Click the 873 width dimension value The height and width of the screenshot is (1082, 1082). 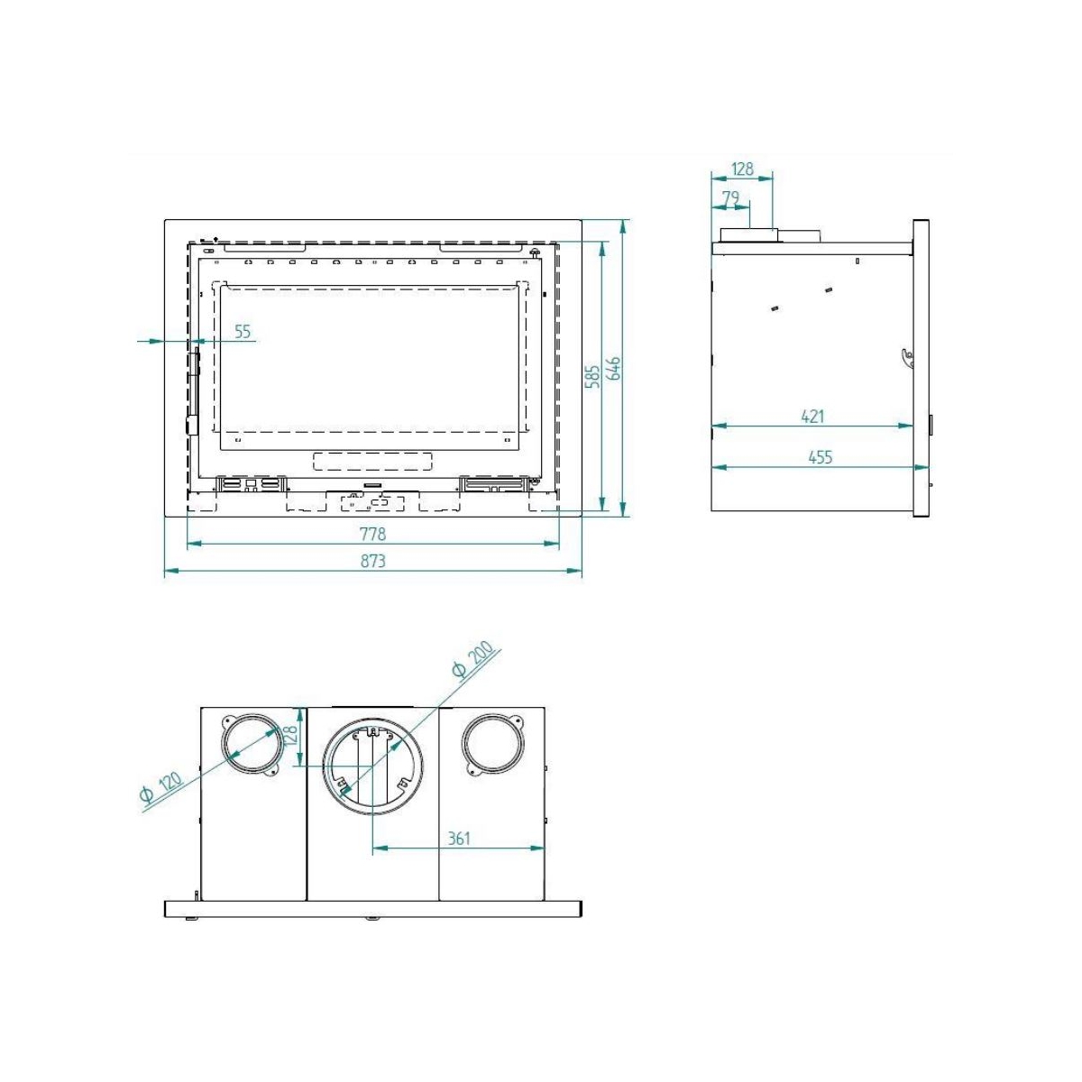372,561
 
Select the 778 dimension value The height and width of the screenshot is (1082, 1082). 372,534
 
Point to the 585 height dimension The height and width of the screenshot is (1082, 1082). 592,374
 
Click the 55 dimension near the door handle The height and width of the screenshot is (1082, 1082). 242,332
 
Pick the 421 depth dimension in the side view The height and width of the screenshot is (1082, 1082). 812,417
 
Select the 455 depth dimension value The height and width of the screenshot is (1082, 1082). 820,457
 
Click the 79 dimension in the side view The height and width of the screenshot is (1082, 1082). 729,197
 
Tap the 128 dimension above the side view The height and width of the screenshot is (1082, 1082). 742,169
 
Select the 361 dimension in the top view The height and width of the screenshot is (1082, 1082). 459,839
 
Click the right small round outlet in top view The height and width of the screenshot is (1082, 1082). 491,745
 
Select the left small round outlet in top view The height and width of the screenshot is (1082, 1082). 250,745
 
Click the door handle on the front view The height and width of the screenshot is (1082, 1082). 193,388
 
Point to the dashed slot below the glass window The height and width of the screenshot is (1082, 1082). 371,462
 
